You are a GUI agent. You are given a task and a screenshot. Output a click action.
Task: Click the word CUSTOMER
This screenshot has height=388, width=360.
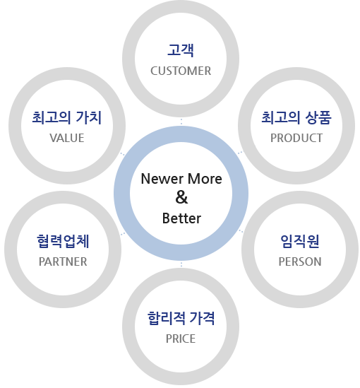[x=181, y=71]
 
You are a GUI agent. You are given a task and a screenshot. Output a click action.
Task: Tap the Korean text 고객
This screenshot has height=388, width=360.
[x=181, y=50]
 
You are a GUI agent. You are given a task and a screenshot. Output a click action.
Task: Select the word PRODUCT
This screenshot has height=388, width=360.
[x=296, y=138]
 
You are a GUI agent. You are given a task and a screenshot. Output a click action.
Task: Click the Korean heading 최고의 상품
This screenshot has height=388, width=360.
[x=296, y=117]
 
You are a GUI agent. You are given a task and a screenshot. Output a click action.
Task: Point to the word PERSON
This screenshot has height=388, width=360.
[x=300, y=261]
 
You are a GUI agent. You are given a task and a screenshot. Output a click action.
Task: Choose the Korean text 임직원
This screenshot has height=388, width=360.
[x=300, y=241]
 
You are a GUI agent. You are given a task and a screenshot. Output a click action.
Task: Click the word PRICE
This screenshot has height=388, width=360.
[x=181, y=339]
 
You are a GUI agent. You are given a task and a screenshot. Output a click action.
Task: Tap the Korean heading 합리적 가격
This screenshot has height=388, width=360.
[x=181, y=318]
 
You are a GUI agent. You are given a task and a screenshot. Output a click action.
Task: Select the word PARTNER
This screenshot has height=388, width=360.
[x=63, y=261]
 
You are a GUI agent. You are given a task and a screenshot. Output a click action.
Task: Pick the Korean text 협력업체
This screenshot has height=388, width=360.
[x=63, y=241]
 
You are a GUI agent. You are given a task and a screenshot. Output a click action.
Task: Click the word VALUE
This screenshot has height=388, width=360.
[x=67, y=138]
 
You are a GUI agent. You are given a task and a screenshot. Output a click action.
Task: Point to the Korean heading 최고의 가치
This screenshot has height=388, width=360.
[x=67, y=117]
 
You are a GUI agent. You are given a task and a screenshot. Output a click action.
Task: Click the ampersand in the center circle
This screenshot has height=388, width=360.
[x=181, y=197]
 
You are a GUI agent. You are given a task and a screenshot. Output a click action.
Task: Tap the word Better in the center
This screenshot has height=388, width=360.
[x=181, y=218]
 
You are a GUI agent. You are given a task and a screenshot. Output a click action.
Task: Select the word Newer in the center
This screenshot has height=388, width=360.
[x=162, y=179]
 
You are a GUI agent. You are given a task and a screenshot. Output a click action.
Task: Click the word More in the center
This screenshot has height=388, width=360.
[x=205, y=179]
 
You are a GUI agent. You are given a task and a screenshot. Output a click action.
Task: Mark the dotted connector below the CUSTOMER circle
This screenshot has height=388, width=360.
[x=181, y=122]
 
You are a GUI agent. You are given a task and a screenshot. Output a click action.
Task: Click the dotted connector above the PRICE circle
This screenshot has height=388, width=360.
[x=181, y=264]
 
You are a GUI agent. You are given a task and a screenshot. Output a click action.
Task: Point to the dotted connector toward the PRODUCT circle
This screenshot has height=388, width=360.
[x=240, y=153]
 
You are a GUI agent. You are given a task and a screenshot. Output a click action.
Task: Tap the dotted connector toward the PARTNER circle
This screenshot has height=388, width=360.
[x=123, y=234]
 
